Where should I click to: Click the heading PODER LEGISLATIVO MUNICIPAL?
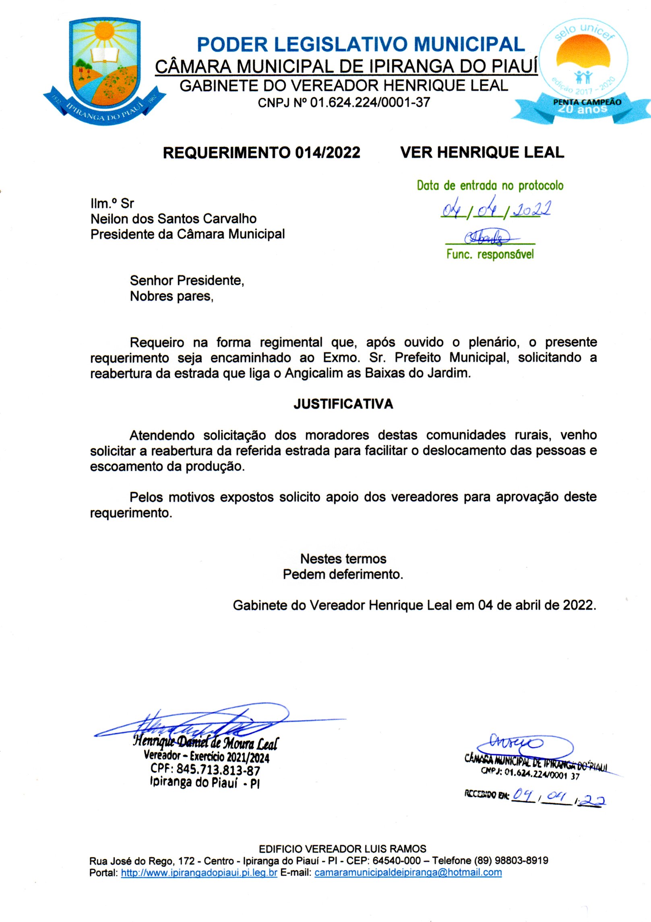click(x=361, y=45)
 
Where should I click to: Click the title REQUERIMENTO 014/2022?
click(x=261, y=153)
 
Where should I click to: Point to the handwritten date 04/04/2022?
click(x=496, y=210)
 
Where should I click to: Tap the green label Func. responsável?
click(x=490, y=254)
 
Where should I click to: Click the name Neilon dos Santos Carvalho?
click(x=174, y=219)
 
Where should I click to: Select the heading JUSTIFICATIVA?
click(x=343, y=404)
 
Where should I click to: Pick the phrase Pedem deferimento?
click(x=343, y=574)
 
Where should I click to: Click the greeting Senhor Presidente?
click(x=187, y=280)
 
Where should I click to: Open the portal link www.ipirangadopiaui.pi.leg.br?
click(x=199, y=872)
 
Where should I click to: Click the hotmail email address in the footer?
click(x=408, y=872)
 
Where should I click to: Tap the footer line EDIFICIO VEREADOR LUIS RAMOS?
click(x=342, y=849)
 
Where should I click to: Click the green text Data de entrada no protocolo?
click(x=490, y=186)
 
